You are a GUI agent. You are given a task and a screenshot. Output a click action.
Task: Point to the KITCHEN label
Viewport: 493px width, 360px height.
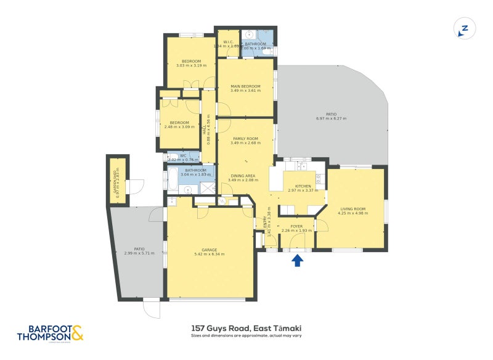click(303, 186)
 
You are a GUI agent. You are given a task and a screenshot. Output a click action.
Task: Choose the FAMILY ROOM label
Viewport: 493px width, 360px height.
click(245, 139)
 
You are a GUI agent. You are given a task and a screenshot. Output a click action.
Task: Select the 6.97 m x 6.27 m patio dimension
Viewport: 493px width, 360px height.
click(332, 118)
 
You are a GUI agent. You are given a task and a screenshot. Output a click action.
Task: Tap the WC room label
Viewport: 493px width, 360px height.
click(183, 155)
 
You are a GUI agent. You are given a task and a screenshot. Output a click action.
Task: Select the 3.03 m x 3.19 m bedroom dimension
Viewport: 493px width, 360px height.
click(191, 65)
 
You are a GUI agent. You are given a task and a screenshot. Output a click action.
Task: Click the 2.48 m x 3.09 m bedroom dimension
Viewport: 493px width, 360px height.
click(179, 127)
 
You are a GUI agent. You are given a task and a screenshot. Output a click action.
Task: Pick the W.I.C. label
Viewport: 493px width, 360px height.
click(227, 42)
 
